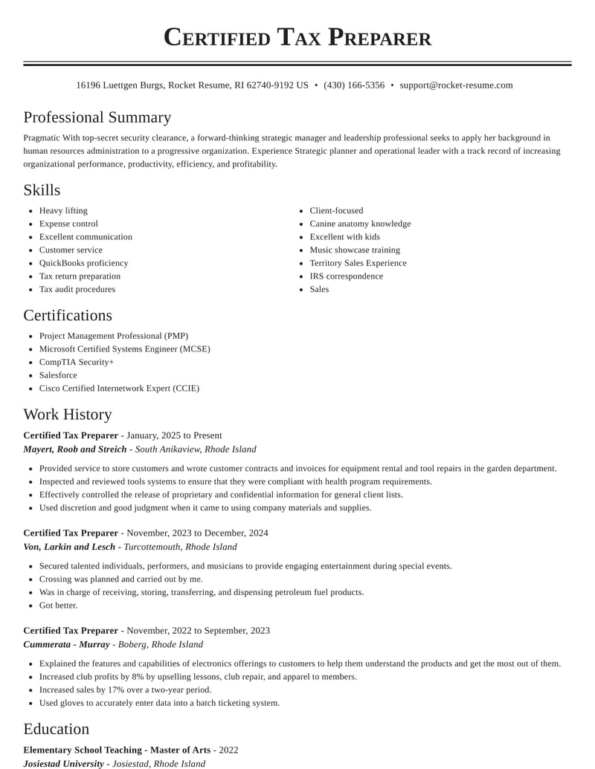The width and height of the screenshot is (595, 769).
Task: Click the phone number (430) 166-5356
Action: [x=354, y=85]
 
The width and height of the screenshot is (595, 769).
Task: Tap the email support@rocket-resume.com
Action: [x=456, y=85]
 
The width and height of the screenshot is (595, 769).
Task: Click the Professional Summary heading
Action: [x=97, y=117]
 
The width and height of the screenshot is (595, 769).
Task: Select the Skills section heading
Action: [x=42, y=190]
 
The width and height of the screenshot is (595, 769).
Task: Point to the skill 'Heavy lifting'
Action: [x=63, y=211]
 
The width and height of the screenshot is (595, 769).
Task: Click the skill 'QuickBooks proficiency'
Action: [x=83, y=263]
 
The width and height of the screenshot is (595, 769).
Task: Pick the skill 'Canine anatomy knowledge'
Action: [x=360, y=224]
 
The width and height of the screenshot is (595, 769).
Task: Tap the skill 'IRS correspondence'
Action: [x=346, y=276]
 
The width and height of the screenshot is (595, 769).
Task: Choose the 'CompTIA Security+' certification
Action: [x=77, y=362]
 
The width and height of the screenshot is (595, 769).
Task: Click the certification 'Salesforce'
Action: [x=58, y=375]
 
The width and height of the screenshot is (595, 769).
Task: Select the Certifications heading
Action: [x=68, y=315]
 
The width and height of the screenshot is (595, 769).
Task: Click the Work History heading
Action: [x=68, y=415]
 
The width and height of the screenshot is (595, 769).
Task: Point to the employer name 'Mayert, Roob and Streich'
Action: [x=75, y=450]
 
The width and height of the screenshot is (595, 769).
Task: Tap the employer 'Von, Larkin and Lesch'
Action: [x=69, y=547]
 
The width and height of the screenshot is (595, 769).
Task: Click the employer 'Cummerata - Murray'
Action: [x=66, y=644]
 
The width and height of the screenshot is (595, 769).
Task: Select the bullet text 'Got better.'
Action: [x=59, y=606]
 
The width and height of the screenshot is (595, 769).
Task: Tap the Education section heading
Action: [x=57, y=729]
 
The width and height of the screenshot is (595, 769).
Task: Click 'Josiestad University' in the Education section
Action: [x=64, y=763]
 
